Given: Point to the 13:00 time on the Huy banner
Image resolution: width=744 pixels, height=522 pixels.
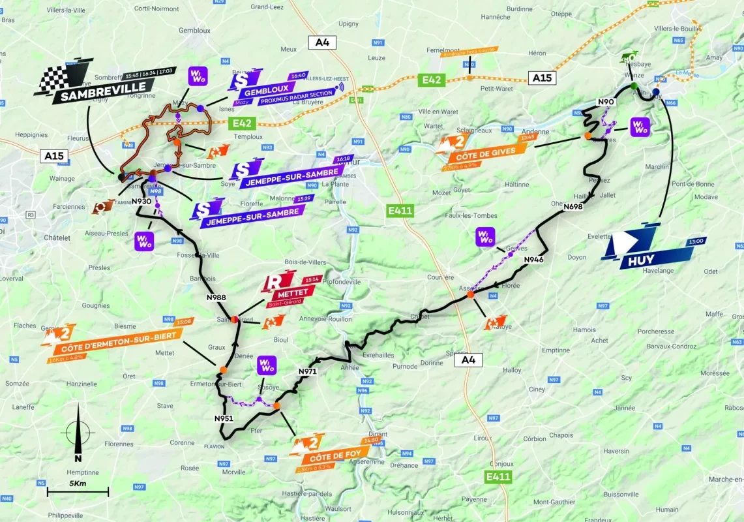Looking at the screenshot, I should tap(696, 241).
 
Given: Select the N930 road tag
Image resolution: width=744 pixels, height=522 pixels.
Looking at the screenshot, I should tap(141, 202).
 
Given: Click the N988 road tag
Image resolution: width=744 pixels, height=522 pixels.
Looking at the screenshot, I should tap(216, 298).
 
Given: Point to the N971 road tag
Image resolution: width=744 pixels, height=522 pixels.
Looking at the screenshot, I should tap(307, 372).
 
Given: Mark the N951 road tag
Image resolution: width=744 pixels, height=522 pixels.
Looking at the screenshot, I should tap(223, 418).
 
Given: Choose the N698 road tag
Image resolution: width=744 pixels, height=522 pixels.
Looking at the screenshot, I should tap(573, 207).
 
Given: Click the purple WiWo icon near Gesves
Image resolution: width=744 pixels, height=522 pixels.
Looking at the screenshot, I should tap(486, 236).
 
